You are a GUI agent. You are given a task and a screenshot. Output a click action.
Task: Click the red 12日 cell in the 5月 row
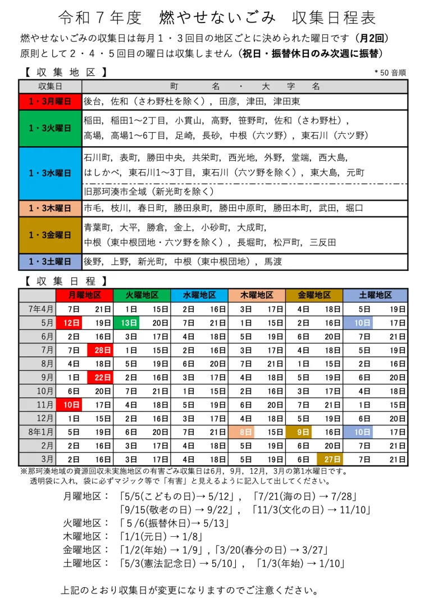(x=70, y=323)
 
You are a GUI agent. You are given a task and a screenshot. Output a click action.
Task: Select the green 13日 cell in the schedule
(x=127, y=323)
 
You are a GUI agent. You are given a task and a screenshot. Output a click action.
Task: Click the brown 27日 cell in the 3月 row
(x=328, y=460)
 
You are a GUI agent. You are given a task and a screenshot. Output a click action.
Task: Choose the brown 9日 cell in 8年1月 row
(x=299, y=432)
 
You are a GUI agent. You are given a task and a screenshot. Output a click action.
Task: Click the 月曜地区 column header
(x=84, y=295)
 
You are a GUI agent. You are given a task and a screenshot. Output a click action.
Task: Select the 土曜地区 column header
(x=375, y=295)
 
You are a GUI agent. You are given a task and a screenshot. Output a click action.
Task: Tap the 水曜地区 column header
(x=199, y=295)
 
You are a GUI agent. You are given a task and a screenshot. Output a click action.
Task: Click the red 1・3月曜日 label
(x=51, y=102)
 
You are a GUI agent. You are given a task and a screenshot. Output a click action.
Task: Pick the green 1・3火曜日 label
(x=51, y=128)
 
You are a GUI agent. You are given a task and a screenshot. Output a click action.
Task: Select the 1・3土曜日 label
(x=51, y=262)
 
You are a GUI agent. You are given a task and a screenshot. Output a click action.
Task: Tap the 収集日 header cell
(x=51, y=87)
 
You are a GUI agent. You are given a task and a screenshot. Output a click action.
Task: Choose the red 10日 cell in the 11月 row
(x=70, y=405)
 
